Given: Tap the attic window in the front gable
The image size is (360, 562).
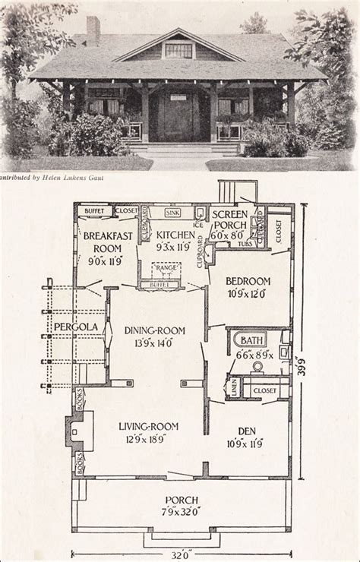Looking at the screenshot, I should point(178,50).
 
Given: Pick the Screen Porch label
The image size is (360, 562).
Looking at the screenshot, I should point(228,220).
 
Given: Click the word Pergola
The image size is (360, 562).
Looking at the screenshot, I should point(71,327).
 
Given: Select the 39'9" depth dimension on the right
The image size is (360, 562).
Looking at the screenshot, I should point(305,365).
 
